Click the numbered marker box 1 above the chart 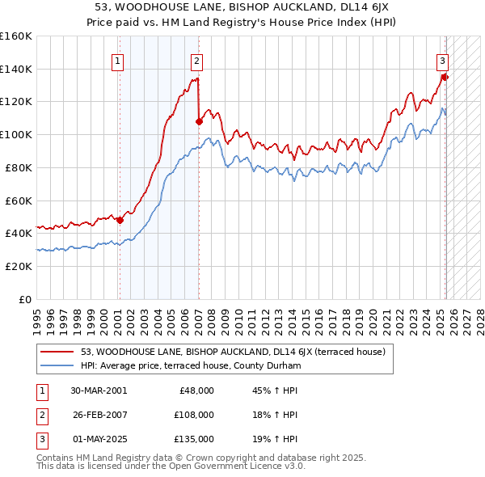118,60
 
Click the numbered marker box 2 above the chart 196,60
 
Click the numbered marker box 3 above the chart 443,60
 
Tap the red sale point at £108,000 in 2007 199,121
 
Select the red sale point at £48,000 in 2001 120,220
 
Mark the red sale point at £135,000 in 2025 445,77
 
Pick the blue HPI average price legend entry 191,365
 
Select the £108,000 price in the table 195,414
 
